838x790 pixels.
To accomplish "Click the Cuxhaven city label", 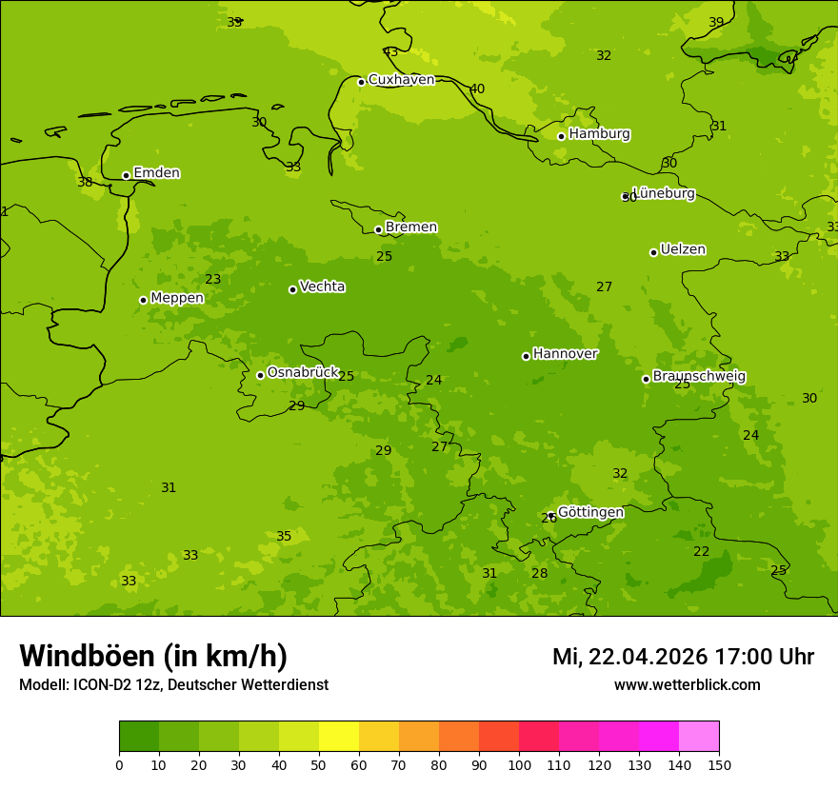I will click(401, 80).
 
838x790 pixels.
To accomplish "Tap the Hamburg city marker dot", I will click(562, 136).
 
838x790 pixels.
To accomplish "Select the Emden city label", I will click(156, 173).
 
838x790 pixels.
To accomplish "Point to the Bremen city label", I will click(410, 227).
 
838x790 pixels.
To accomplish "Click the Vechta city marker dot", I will click(292, 289).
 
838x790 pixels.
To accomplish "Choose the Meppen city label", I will click(176, 298).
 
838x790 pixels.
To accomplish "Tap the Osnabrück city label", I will click(303, 373).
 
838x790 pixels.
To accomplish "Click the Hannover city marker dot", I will click(526, 356).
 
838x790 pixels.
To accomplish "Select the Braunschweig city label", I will click(699, 377).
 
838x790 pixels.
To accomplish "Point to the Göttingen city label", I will click(590, 512).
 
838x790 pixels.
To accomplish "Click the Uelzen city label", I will click(683, 250).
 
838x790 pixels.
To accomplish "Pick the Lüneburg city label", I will click(664, 193).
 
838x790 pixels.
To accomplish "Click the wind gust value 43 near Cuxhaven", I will click(390, 52).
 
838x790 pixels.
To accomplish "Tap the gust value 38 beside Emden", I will click(85, 182).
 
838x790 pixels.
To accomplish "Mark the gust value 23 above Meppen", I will click(213, 279).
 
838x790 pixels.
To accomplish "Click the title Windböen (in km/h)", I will click(153, 656).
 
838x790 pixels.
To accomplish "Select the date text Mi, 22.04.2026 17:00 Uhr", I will click(683, 657).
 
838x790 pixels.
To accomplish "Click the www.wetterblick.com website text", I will click(687, 685).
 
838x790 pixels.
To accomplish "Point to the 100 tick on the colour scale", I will click(519, 764).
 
